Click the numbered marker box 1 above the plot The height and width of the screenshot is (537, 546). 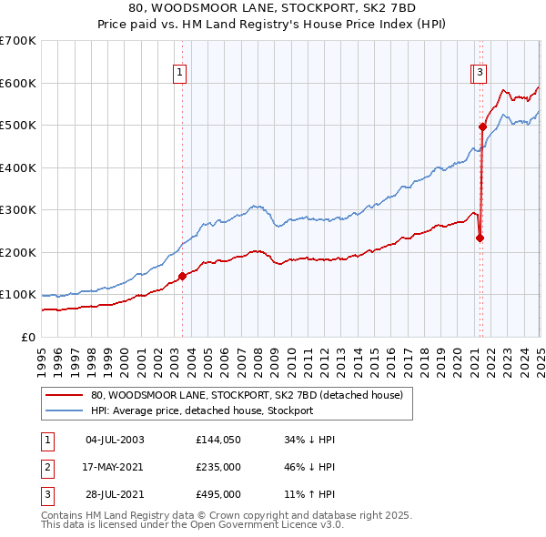(179, 75)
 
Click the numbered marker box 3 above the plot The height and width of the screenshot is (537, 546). (480, 75)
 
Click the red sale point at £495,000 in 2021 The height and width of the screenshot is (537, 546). (481, 127)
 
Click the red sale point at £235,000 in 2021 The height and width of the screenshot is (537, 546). (480, 238)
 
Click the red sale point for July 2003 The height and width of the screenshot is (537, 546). (182, 276)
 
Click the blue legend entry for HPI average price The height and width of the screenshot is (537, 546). (201, 410)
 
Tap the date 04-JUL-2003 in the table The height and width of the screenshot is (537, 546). (115, 440)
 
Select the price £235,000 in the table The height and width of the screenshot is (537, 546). (218, 467)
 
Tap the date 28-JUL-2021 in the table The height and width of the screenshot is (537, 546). (115, 494)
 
